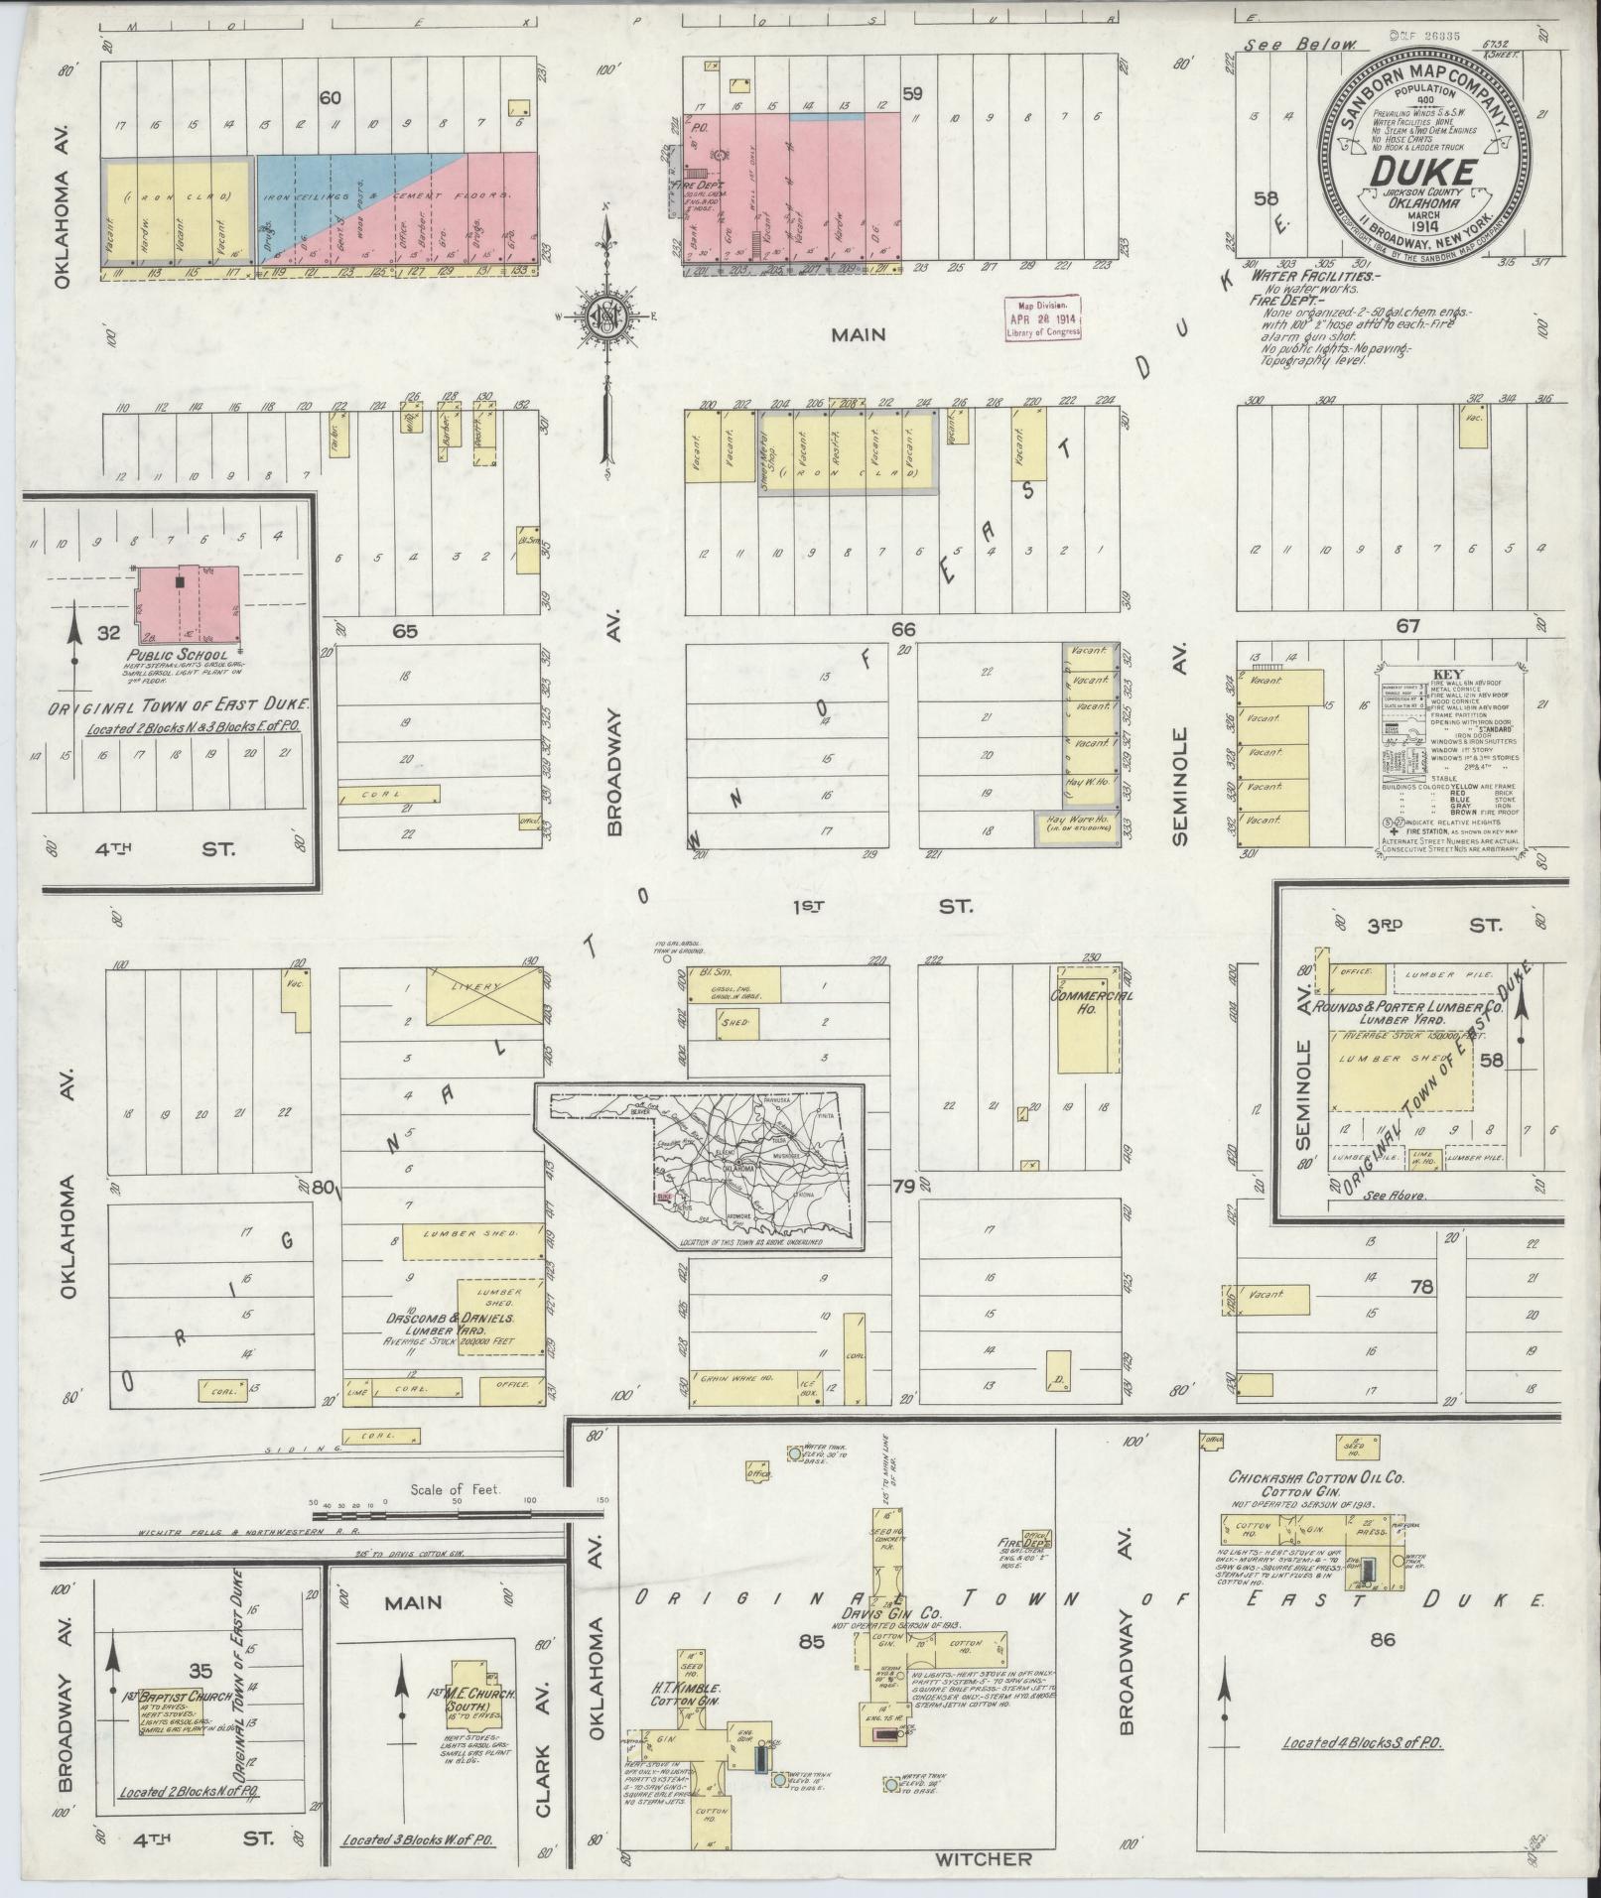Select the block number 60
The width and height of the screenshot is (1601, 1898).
click(x=329, y=97)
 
